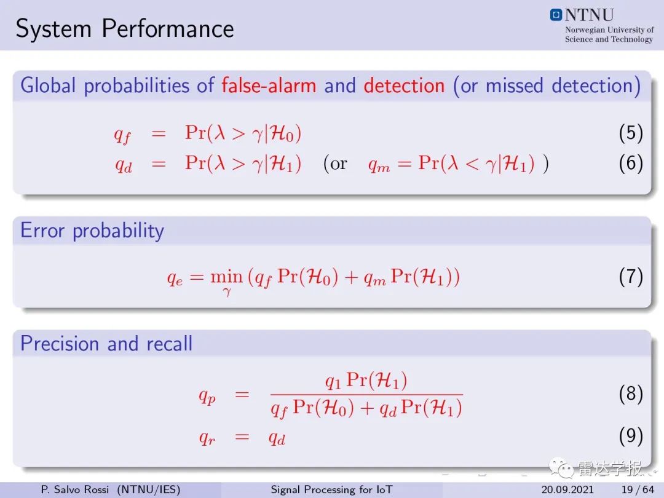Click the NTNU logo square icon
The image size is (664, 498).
[x=556, y=15]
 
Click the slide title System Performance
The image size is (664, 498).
[x=124, y=29]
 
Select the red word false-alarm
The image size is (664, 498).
[x=269, y=85]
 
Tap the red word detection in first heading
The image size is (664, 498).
[x=404, y=85]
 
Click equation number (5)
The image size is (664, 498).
[x=631, y=133]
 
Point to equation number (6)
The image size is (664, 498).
[x=631, y=164]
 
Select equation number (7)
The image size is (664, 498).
[x=631, y=277]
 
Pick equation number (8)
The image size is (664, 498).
[x=631, y=394]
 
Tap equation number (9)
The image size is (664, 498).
[x=631, y=436]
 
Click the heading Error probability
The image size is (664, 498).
[x=92, y=231]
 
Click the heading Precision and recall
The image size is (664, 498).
[x=106, y=343]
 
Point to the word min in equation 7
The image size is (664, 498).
[x=226, y=277]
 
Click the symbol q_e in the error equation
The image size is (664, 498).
[x=175, y=279]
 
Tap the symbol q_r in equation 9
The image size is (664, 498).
[x=207, y=438]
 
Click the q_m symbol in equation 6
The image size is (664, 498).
[x=379, y=165]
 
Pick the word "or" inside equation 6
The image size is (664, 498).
[x=339, y=164]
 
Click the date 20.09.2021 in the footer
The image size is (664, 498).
[x=567, y=489]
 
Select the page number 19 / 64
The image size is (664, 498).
[x=638, y=489]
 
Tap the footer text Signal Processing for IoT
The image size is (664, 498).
[x=331, y=489]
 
